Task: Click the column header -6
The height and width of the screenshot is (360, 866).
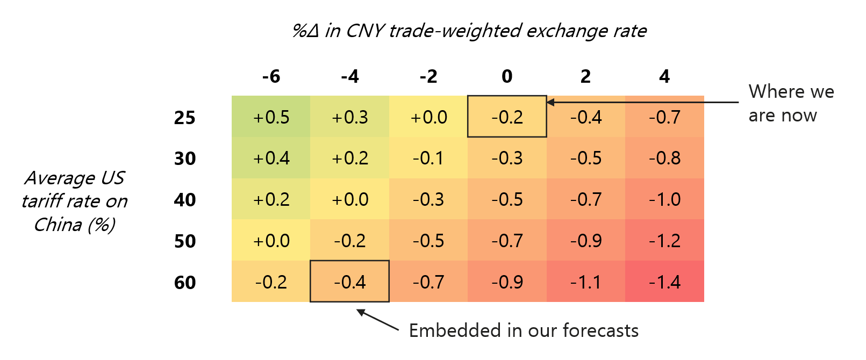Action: coord(271,76)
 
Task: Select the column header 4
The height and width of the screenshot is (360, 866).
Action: coord(664,76)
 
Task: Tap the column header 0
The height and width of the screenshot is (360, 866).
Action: coord(507,76)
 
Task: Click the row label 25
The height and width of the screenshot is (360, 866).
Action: coord(184,118)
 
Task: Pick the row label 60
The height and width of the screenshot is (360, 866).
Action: coord(184,283)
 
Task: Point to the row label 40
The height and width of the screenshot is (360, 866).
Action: coord(184,200)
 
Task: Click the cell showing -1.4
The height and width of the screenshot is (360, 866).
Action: coord(664,282)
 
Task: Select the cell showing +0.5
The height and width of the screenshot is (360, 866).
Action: coord(271,117)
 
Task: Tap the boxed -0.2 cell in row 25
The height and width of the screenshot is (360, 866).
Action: coord(507,117)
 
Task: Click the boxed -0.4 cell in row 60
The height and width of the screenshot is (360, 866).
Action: coord(349,282)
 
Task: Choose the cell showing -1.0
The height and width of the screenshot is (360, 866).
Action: coord(664,199)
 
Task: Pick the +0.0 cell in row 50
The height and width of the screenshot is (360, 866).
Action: coord(271,241)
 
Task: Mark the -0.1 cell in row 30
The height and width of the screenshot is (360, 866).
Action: coord(428,159)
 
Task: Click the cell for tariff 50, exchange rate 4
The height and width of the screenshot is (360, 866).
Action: coord(664,241)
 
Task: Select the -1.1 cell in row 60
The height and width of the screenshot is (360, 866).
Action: coord(586,282)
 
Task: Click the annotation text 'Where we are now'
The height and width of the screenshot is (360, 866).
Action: coord(790,103)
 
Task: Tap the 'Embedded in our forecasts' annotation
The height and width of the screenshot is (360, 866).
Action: coord(524,330)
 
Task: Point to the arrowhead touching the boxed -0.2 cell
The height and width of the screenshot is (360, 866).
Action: coord(550,102)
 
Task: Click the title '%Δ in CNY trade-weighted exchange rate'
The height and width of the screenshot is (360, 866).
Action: coord(469,31)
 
